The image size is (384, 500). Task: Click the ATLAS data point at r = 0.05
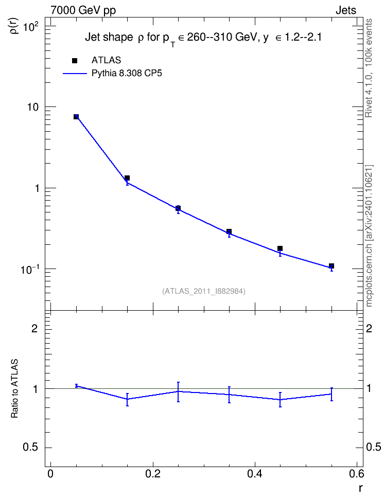pos(76,117)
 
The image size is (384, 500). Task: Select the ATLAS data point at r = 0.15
pos(127,178)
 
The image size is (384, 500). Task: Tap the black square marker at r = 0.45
pos(280,248)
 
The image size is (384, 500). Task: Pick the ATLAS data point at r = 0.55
pos(331,266)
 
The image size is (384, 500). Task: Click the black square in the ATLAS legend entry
pos(75,61)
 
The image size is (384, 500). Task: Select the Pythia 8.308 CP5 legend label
pos(127,74)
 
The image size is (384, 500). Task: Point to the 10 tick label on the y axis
pos(32,107)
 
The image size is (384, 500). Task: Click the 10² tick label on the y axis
pos(31,27)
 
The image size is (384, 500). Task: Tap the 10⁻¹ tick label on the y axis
pos(30,270)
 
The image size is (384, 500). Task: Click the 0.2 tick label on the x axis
pos(152,474)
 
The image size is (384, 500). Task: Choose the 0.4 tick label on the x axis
pos(255,474)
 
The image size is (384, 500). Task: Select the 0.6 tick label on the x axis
pos(357,474)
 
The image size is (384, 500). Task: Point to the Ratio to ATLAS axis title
pos(14,388)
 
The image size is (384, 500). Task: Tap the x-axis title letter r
pos(360,489)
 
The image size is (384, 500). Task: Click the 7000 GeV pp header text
pos(83,10)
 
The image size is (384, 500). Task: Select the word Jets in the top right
pos(346,10)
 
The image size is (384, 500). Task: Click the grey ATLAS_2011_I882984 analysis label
pos(204,291)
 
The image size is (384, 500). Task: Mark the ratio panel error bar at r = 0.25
pos(178,392)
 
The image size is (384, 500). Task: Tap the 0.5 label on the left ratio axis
pos(30,448)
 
